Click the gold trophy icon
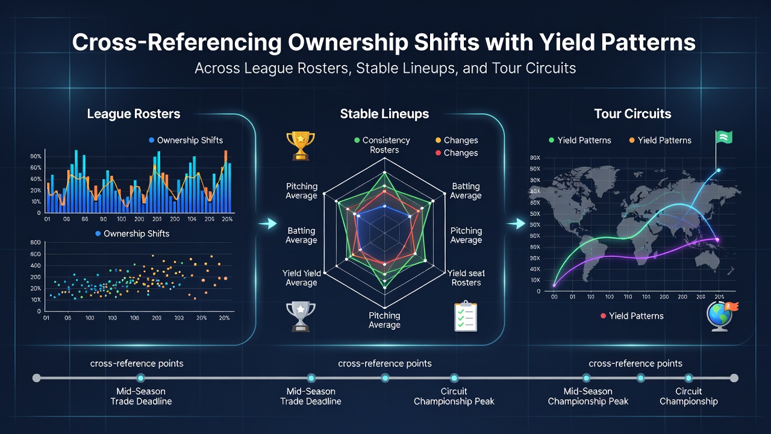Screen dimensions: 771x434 coord(301,146)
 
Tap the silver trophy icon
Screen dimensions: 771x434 coord(301,316)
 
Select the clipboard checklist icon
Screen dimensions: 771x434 coord(466,316)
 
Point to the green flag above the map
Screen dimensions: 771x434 coord(723,138)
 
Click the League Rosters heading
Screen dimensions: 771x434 coord(134,114)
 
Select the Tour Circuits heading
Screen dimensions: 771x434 coord(632,114)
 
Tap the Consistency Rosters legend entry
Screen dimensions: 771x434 coord(382,145)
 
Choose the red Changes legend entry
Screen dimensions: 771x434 coord(457,153)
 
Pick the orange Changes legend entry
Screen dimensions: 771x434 coord(457,140)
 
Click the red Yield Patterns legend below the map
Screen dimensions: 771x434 coord(632,316)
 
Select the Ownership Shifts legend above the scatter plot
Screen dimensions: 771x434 coord(132,233)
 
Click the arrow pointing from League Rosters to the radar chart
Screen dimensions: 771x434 coord(267,224)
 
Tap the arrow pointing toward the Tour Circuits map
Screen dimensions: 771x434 coord(516,224)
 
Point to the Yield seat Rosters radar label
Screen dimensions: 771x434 coord(466,278)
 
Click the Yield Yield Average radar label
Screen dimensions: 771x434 coord(302,278)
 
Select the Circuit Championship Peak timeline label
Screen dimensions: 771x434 coord(454,396)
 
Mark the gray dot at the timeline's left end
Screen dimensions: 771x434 coord(37,378)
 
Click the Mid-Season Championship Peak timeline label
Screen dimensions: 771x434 coord(588,396)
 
